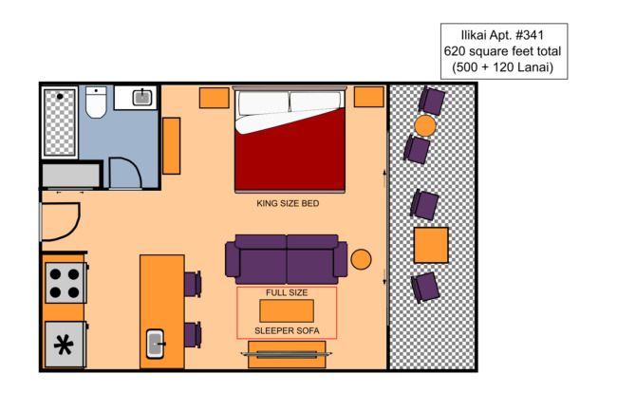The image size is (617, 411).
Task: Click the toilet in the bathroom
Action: [x=96, y=103]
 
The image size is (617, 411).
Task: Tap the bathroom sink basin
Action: [x=142, y=97]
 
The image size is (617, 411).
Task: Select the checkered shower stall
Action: [x=60, y=121]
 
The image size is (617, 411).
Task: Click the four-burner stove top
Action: [x=65, y=283]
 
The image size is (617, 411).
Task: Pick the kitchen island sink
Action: [x=156, y=344]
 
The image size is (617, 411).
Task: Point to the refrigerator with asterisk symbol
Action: [x=65, y=345]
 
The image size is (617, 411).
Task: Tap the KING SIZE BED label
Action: [x=288, y=203]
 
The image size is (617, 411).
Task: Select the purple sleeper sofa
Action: [x=287, y=259]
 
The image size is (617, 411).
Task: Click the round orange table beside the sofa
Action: [x=361, y=259]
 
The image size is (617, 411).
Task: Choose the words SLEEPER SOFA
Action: [x=287, y=330]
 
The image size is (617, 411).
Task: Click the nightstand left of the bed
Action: [x=215, y=98]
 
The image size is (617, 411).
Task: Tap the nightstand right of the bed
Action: [x=368, y=97]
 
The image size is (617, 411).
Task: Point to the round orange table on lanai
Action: [x=425, y=126]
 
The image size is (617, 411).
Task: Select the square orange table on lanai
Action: [x=431, y=245]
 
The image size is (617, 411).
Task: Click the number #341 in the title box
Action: [x=530, y=35]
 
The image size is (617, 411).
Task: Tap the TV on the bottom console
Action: [x=287, y=354]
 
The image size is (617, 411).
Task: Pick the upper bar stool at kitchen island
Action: [x=193, y=284]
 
